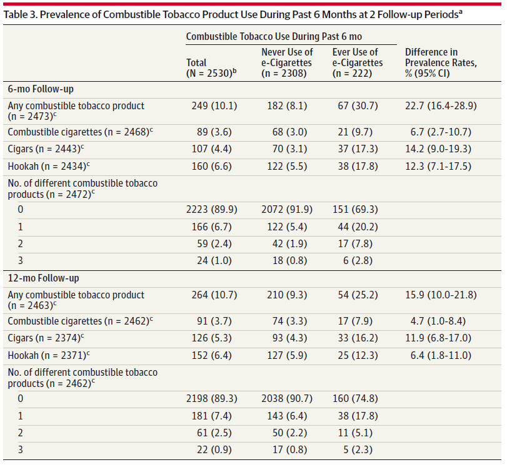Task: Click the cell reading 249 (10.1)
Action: coord(214,106)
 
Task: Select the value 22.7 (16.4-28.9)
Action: coord(441,106)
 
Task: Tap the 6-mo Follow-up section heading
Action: coord(41,89)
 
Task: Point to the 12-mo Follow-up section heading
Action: coord(43,278)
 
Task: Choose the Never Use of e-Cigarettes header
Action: coord(287,62)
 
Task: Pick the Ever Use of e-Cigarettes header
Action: coord(358,62)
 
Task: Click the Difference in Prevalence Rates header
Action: coord(441,62)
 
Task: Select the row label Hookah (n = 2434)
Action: coord(49,166)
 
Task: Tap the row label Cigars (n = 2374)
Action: coord(46,338)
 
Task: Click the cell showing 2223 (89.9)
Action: coord(211,210)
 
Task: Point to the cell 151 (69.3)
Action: coord(355,210)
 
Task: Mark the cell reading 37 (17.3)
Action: coord(358,149)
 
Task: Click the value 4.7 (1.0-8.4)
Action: coord(438,321)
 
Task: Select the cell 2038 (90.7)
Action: coord(287,398)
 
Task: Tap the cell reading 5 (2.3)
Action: coord(358,450)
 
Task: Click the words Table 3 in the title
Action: coord(21,15)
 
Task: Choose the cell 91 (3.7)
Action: coord(214,321)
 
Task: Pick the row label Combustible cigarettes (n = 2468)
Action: coord(80,132)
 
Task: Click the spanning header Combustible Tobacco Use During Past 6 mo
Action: coord(274,36)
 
